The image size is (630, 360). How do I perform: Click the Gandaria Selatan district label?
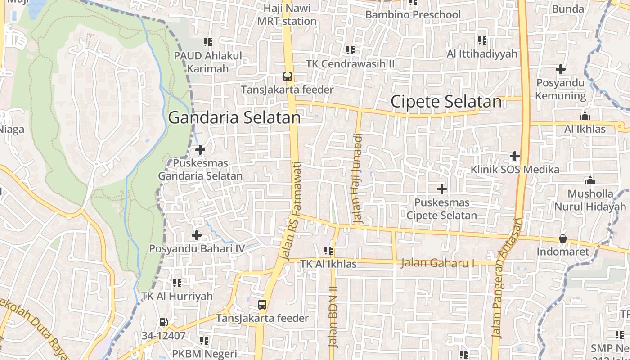click(234, 117)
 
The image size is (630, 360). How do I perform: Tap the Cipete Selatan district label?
click(446, 102)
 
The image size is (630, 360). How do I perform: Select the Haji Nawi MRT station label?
click(287, 15)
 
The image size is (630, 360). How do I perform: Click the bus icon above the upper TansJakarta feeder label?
click(288, 76)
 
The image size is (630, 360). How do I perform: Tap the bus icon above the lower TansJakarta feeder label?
click(262, 305)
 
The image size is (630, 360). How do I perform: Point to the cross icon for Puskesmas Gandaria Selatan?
click(200, 150)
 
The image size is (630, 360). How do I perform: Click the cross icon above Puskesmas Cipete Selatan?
click(442, 189)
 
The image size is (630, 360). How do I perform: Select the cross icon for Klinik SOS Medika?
click(515, 157)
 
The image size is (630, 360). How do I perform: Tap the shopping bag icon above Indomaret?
click(562, 238)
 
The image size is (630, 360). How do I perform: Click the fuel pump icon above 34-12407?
click(164, 322)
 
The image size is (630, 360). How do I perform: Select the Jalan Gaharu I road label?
click(437, 262)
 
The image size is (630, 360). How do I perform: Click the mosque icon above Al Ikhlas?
click(585, 116)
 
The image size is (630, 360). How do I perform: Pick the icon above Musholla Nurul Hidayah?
click(590, 181)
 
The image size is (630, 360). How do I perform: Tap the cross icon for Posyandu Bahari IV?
click(197, 235)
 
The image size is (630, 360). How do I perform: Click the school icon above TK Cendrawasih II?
click(350, 50)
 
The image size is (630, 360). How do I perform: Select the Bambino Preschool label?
click(413, 15)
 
